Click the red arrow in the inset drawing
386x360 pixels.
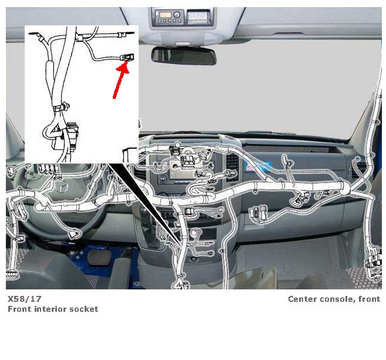click(120, 80)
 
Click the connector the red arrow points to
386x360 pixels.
click(127, 58)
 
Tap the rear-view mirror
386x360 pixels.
click(184, 56)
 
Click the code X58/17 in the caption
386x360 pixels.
click(24, 299)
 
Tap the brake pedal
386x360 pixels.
click(99, 258)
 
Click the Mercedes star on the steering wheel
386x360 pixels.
click(61, 187)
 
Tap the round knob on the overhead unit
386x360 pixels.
click(176, 15)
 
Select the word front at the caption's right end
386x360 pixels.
click(370, 299)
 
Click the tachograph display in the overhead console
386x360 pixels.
click(199, 15)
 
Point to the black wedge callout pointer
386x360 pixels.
click(145, 202)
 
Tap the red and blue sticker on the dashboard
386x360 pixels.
click(255, 166)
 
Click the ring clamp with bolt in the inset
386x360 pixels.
click(62, 108)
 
